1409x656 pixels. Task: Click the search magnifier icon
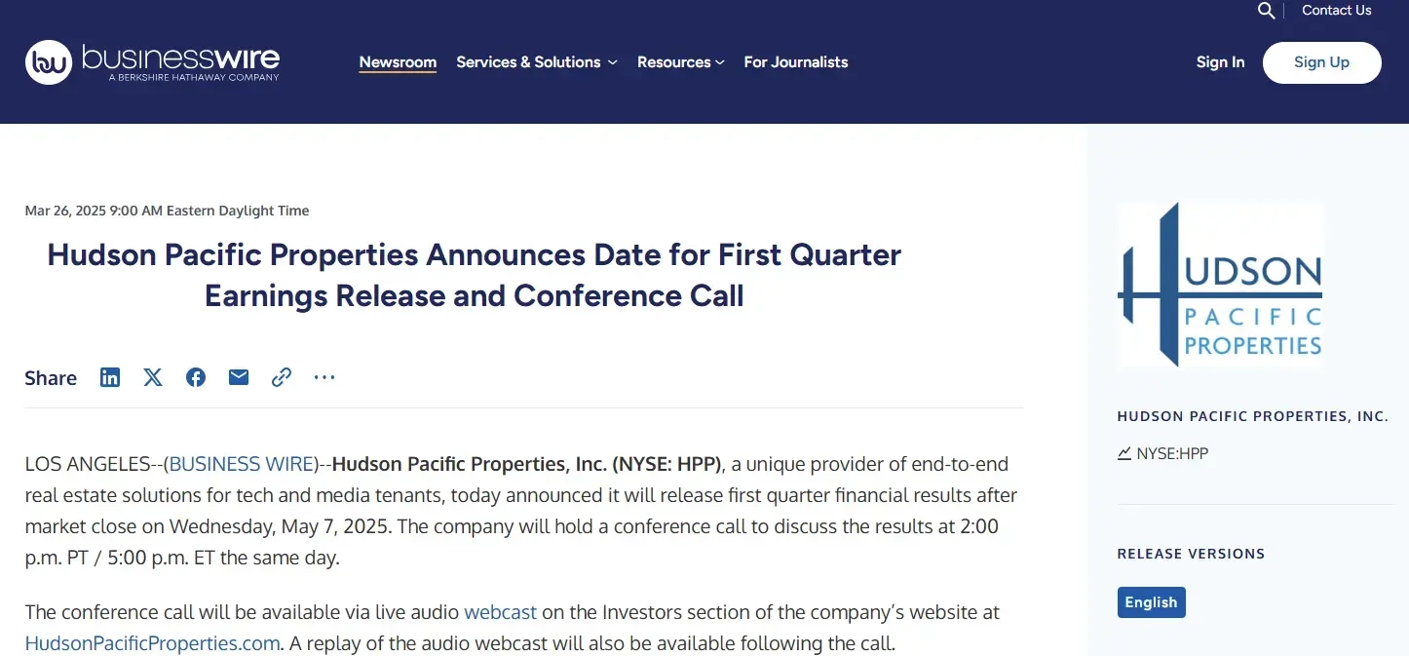(1266, 11)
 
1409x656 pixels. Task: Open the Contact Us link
(1336, 10)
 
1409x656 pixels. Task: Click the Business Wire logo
(152, 62)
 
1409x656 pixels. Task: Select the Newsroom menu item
(398, 62)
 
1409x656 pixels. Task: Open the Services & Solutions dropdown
(537, 62)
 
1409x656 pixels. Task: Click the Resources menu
(680, 62)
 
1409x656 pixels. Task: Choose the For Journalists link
(796, 62)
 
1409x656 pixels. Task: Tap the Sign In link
(1220, 62)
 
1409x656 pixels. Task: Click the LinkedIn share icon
(110, 377)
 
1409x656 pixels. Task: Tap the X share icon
(153, 377)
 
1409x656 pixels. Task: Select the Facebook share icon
(196, 377)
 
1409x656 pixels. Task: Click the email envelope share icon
(239, 377)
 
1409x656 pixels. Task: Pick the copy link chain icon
(282, 377)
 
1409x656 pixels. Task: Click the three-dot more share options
(324, 377)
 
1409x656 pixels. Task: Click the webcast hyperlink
(500, 612)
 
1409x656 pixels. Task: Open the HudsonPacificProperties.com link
(152, 643)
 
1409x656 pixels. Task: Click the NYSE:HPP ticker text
(1172, 453)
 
